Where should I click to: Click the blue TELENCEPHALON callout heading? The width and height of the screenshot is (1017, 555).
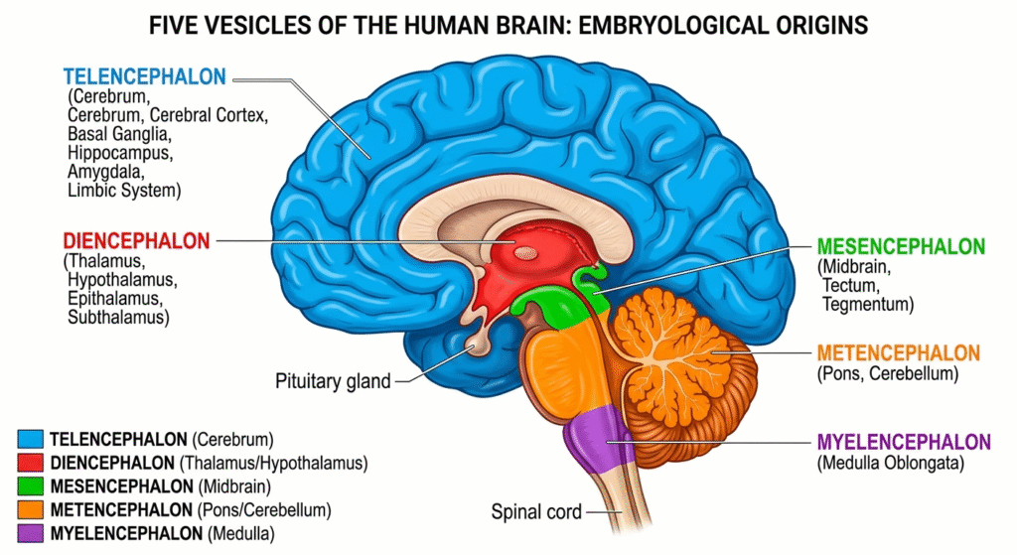coord(144,76)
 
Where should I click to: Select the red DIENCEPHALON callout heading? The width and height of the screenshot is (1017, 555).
coord(136,241)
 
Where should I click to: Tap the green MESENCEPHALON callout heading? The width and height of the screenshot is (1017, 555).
coord(901,247)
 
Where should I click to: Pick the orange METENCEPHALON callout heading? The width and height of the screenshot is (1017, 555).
coord(898,353)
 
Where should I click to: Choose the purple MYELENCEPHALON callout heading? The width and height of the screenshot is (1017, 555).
coord(903,442)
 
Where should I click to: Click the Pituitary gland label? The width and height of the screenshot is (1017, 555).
coord(332,380)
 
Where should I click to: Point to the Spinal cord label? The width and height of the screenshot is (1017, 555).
coord(536,513)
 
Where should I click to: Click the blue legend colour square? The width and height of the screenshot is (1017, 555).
coord(31,439)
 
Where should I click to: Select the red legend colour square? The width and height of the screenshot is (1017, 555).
coord(31,463)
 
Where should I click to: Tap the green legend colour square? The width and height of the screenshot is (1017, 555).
coord(31,486)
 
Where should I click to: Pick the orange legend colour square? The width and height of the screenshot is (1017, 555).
coord(31,510)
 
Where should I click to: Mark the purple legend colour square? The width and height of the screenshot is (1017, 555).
coord(31,534)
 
